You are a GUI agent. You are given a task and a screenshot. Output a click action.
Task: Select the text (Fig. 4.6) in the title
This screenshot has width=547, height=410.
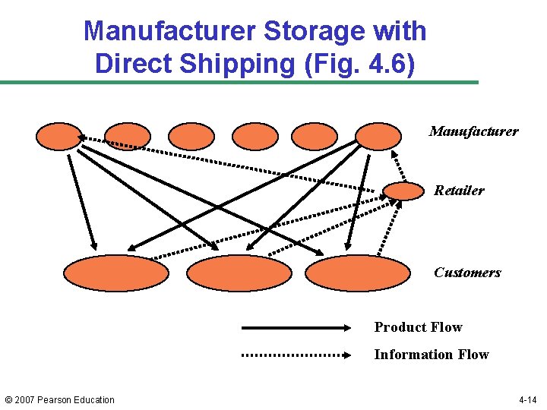tap(359, 64)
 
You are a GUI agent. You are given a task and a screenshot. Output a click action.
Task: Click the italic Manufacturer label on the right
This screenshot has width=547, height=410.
tap(473, 131)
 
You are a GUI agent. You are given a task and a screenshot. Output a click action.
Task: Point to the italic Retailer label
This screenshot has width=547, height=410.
tap(459, 191)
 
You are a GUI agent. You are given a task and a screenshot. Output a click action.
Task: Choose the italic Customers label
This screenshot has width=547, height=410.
tap(467, 273)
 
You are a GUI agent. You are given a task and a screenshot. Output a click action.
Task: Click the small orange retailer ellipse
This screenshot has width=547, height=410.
tap(403, 191)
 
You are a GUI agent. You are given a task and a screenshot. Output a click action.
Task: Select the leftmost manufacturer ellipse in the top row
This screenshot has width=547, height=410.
tap(58, 136)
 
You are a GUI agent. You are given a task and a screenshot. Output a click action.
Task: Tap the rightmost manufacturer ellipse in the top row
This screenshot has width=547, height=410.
tap(378, 136)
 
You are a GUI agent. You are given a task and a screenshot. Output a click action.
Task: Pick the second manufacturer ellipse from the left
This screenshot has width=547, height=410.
tap(128, 136)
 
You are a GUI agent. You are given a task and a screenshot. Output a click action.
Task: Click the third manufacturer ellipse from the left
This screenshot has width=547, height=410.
tap(191, 136)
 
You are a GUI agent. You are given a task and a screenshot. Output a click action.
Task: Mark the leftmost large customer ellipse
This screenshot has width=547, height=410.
tap(115, 273)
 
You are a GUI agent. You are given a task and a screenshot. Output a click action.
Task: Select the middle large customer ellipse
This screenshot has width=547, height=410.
tap(239, 273)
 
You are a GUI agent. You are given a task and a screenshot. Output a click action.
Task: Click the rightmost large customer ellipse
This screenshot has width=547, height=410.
tap(357, 273)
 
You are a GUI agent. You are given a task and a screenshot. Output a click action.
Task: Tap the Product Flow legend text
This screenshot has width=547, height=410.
tap(418, 327)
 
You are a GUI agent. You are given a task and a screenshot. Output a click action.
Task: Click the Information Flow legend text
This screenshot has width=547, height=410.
tap(431, 355)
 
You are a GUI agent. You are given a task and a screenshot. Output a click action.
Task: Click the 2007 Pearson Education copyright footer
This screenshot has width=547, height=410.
tap(59, 400)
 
